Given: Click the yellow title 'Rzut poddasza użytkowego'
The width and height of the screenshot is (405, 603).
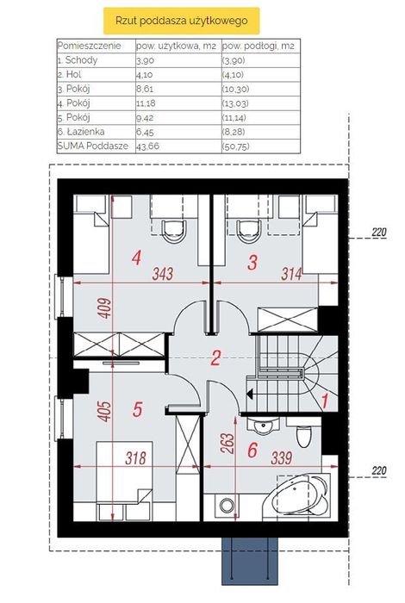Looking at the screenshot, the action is point(181,21).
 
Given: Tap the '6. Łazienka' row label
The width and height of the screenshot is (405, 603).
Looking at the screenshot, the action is point(81,132).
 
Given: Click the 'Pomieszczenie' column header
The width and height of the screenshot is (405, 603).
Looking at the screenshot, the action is point(90,46).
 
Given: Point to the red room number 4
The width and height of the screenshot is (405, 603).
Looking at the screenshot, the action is point(136,258).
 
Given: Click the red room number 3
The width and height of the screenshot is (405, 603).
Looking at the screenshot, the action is point(252,263).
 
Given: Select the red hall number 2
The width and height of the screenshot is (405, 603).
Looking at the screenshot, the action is point(215,358).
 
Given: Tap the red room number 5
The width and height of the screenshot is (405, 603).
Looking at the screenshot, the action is point(137,409).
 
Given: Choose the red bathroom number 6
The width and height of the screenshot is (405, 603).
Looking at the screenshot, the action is point(252,450).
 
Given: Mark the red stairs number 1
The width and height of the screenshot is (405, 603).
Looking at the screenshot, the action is point(325,401).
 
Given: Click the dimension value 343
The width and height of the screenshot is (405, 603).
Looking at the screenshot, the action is point(163,274).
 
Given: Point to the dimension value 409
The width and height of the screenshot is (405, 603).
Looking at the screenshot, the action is point(104,308).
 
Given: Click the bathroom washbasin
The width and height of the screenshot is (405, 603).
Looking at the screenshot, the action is point(264,426).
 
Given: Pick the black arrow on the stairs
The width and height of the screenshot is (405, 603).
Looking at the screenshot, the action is point(250,394).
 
